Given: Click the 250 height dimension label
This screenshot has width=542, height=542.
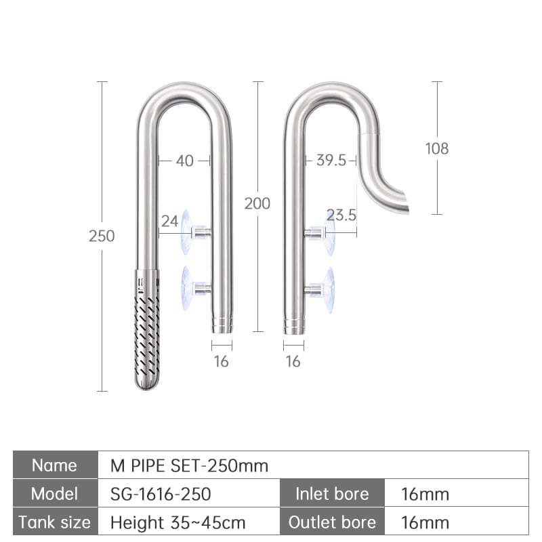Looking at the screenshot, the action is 102,236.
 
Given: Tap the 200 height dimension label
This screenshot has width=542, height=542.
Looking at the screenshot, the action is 257,203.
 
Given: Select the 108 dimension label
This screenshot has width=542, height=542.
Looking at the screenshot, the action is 437,148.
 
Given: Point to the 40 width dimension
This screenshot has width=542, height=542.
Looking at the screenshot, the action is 184,161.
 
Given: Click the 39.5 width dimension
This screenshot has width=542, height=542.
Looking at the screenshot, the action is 331,161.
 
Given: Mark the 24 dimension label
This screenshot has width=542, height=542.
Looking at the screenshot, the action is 170,222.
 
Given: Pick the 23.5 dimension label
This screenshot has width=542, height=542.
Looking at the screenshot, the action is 341,215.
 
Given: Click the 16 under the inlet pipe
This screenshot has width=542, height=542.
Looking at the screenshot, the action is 222,362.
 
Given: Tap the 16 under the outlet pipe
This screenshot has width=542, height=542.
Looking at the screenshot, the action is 293,362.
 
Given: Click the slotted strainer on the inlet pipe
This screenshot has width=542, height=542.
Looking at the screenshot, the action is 147,329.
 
